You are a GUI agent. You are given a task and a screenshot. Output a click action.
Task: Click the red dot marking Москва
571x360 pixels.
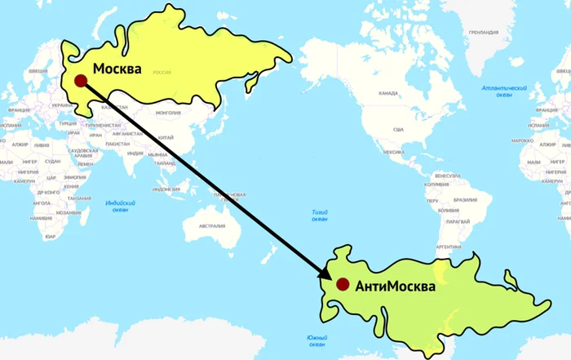coord(80,80)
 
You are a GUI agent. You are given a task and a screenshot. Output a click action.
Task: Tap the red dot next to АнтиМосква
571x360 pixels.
coord(343,284)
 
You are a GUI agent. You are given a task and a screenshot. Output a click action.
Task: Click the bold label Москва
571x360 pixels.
coord(117,69)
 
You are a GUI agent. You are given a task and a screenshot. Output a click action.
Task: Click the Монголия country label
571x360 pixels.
coord(168,113)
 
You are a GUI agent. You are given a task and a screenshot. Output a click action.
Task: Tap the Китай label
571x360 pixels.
coord(166,136)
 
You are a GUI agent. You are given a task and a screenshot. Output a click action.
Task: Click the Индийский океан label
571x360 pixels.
coord(121,207)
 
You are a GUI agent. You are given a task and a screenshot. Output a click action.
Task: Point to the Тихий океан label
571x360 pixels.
coord(320,216)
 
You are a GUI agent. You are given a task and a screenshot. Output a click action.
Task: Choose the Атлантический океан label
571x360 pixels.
coord(503,91)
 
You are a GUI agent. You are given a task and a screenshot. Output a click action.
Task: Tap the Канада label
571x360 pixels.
coord(388,93)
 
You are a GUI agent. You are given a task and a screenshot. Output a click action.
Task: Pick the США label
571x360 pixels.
coord(398,130)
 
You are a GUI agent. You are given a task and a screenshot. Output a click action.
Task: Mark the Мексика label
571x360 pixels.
coord(394,152)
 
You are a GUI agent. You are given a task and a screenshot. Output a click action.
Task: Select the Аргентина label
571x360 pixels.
coord(449,247)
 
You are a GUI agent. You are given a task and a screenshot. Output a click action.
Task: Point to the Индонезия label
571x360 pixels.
coord(166,189)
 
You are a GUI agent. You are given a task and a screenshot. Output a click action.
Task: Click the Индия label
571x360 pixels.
coord(135,153)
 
